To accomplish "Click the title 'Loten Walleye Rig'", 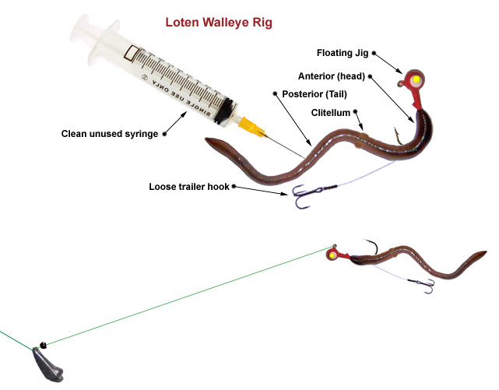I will pos(219,22).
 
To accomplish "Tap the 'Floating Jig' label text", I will pos(343,53).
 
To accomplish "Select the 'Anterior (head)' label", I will pos(332,76).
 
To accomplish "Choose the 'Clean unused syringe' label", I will pos(110,134).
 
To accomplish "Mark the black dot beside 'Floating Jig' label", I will pos(374,53).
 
